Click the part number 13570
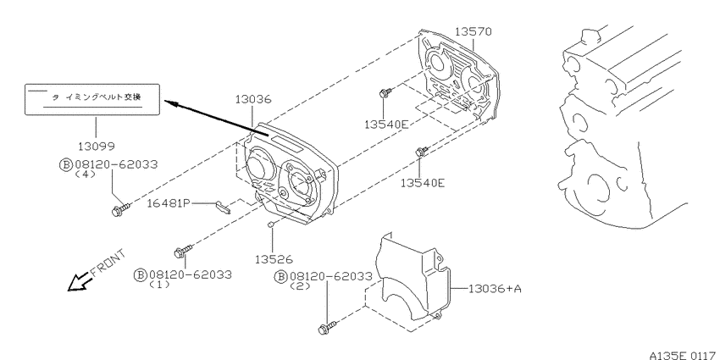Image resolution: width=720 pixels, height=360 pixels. point(473,31)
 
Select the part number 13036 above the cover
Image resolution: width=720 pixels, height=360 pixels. point(254,99)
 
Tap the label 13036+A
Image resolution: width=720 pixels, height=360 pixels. point(495,289)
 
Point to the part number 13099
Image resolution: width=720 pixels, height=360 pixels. point(96,146)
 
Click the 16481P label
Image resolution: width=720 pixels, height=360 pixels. point(169,203)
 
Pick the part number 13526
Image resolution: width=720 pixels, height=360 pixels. point(274,259)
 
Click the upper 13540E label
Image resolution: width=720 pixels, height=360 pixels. point(386,124)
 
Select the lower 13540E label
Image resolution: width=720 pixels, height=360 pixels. point(423,183)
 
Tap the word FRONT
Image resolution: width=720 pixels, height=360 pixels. point(108,263)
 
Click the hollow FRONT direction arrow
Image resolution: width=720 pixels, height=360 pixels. point(79,281)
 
